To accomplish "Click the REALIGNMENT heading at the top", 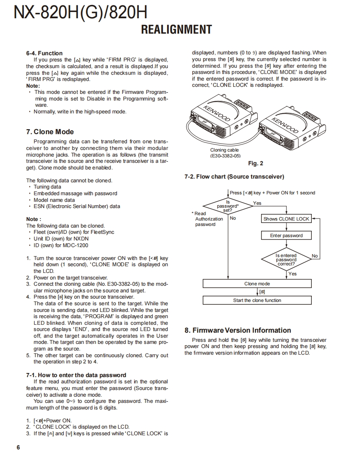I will point(176,30).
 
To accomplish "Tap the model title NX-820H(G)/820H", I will point(81,12).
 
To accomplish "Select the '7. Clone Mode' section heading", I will point(50,132).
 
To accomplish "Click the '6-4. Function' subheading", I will point(44,53).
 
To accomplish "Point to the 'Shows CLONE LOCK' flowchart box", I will point(286,219).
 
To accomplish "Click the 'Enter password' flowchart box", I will point(286,235).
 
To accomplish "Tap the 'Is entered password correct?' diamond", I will point(286,260).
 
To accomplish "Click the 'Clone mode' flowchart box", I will point(257,284).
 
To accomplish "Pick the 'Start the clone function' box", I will point(257,300).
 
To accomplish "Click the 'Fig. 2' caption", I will point(255,164).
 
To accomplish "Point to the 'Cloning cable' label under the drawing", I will point(224,150).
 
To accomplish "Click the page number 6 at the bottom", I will point(18,447).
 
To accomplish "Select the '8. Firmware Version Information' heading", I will point(238,330).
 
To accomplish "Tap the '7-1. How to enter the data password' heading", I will point(76,375).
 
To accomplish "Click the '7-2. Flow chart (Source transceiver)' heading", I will point(234,177).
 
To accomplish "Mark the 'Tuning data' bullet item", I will point(47,187).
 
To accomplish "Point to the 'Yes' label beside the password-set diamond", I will point(257,203).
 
